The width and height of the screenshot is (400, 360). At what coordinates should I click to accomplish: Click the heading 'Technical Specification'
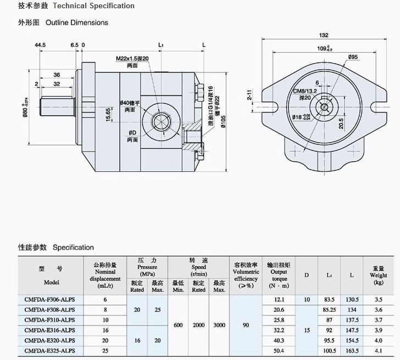click(x=101, y=6)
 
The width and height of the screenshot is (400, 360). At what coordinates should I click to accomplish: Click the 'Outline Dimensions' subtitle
click(x=77, y=22)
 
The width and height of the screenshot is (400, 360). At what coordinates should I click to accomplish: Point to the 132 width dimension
click(x=324, y=36)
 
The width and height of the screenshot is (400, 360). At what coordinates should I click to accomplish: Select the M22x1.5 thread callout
click(x=132, y=59)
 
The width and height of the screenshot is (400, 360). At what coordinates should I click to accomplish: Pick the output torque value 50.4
click(x=279, y=350)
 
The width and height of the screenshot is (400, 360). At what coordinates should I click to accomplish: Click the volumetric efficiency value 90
click(x=246, y=325)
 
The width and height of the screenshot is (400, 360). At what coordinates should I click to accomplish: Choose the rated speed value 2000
click(x=198, y=325)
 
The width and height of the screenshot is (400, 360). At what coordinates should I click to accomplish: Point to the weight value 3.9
click(x=378, y=330)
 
